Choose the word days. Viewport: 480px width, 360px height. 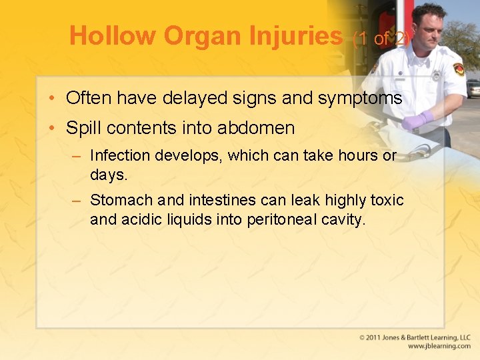(x=107, y=175)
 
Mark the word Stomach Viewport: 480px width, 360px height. (x=121, y=200)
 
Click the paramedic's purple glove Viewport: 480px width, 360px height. (x=417, y=120)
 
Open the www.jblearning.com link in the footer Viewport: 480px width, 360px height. (x=439, y=347)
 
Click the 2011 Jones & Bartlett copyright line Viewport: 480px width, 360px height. (x=414, y=338)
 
